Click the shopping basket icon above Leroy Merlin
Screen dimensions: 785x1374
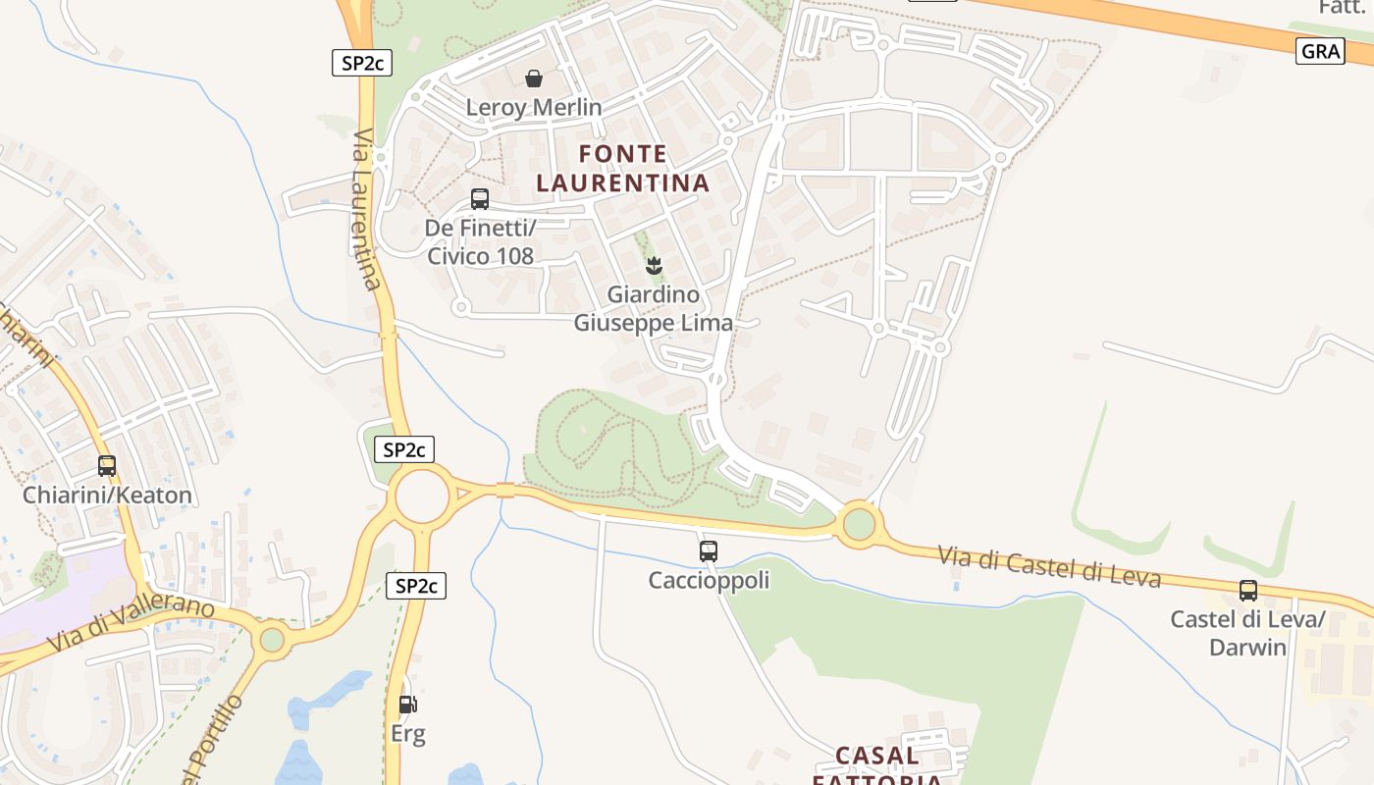pos(534,78)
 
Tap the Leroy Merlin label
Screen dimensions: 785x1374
pos(534,107)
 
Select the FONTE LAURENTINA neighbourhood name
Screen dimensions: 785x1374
pos(622,169)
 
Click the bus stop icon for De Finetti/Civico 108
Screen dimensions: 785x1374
pos(480,199)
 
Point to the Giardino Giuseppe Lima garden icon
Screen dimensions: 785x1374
pos(653,265)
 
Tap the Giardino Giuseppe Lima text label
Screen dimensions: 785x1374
pos(653,308)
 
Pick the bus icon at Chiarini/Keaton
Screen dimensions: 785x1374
pos(107,466)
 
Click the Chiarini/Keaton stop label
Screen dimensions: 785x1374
pos(107,495)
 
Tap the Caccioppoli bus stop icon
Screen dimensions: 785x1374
pos(709,551)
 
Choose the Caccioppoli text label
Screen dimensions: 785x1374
pos(709,580)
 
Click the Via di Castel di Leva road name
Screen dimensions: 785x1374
pos(1049,566)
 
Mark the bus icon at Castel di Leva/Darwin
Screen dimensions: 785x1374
pos(1248,591)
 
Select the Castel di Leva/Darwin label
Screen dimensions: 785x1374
pos(1247,633)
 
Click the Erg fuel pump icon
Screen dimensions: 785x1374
pos(407,704)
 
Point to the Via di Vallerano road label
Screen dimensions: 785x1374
pos(131,625)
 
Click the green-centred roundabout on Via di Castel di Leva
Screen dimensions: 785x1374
pos(859,524)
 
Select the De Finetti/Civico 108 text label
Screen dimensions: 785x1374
pos(481,242)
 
